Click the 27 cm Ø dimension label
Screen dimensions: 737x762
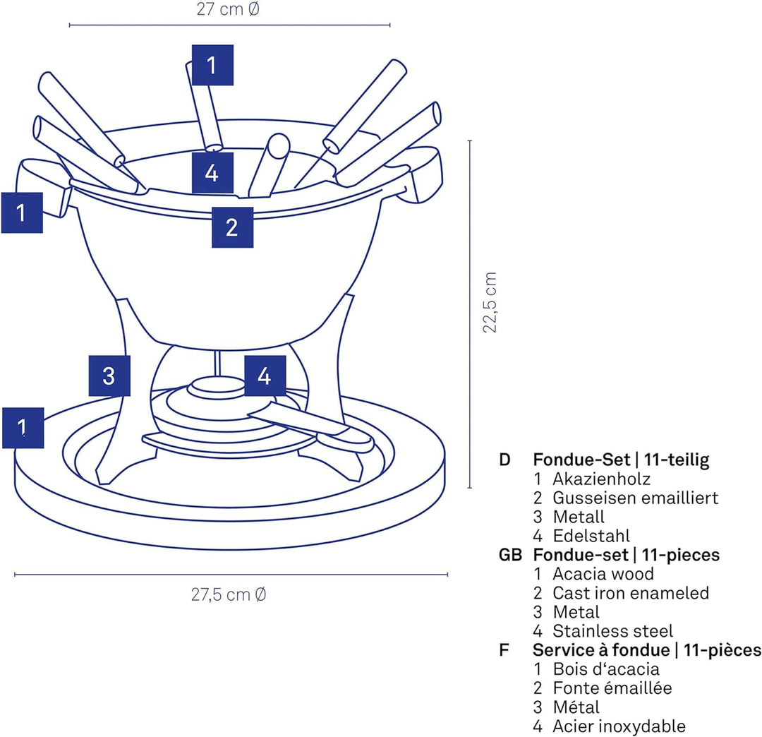229,10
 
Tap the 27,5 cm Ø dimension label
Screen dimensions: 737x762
229,594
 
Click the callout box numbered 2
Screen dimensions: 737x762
232,227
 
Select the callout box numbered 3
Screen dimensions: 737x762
109,376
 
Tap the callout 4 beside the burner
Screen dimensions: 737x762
265,376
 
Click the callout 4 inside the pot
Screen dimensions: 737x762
212,172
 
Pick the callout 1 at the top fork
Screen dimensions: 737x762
212,65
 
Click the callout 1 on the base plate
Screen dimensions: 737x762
23,427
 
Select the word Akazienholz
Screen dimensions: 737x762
601,479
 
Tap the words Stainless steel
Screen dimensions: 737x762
612,631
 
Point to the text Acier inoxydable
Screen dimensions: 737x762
619,726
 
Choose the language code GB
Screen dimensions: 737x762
510,555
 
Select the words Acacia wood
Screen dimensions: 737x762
603,574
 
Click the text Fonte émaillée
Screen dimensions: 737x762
612,688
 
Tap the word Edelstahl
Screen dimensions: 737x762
591,536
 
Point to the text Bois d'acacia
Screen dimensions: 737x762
605,669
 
